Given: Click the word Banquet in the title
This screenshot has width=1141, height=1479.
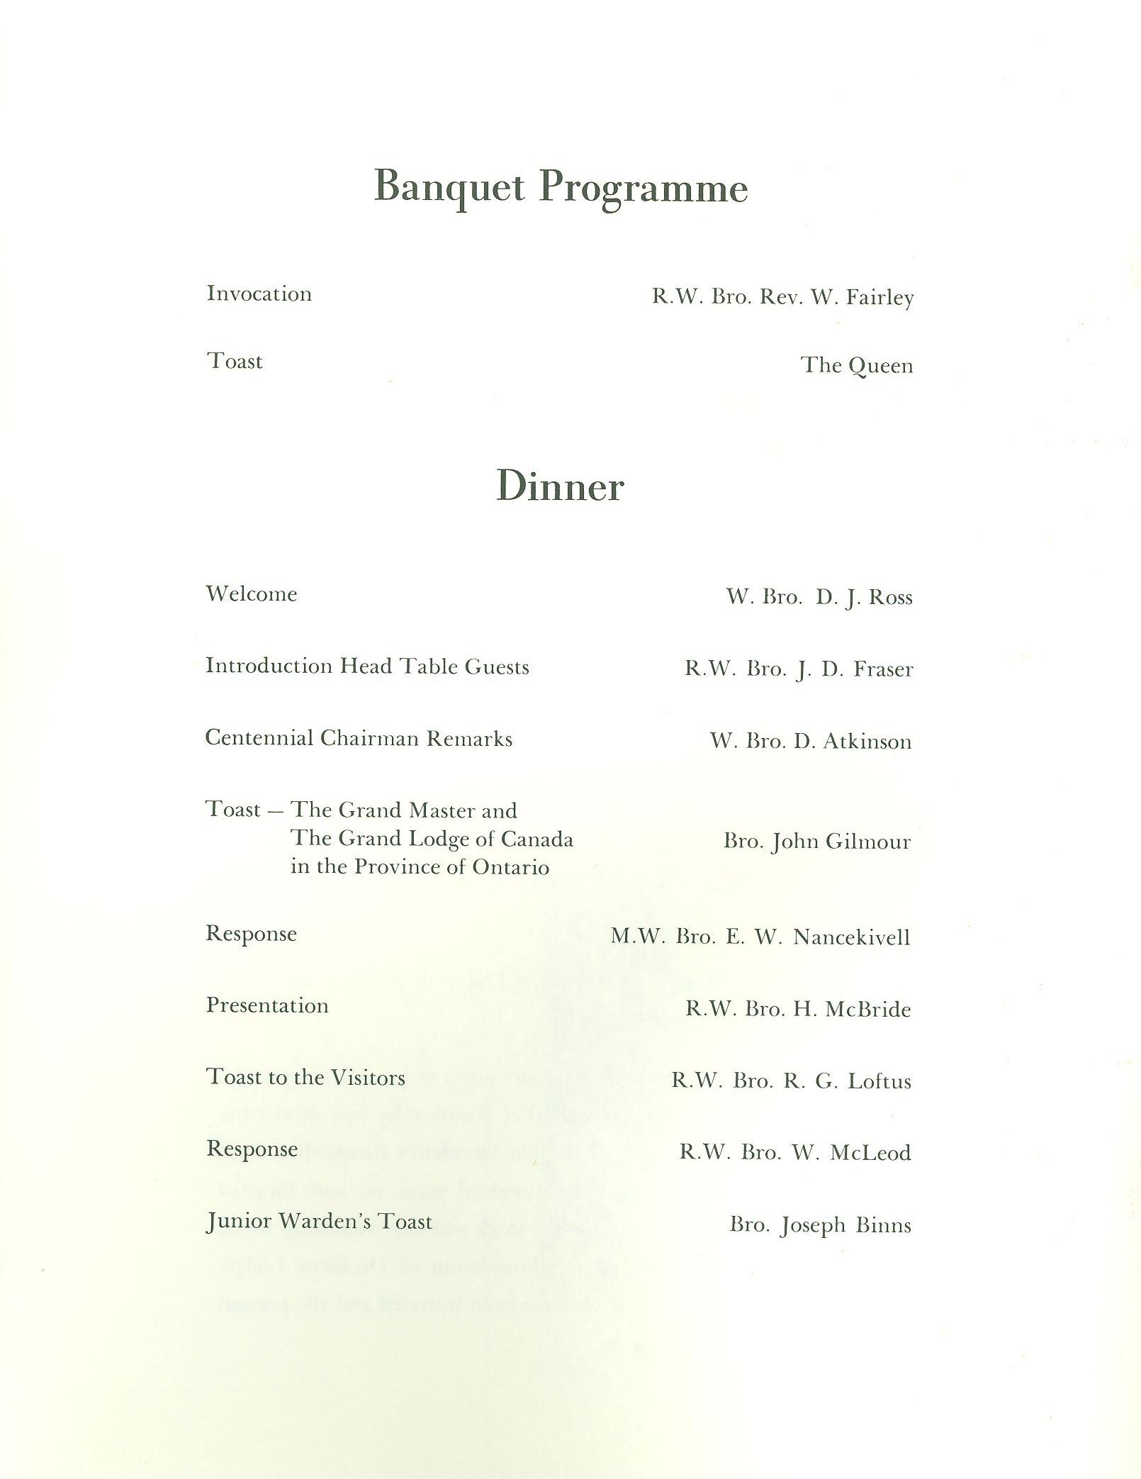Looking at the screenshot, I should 449,187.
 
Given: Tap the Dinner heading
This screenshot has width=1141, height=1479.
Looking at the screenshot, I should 560,486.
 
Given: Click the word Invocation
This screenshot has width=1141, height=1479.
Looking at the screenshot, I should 259,294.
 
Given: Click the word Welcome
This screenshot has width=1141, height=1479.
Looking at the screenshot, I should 251,593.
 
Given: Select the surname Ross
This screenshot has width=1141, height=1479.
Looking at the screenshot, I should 890,597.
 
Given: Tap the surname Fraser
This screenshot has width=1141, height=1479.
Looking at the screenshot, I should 883,669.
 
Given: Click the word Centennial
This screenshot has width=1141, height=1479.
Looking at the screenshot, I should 259,738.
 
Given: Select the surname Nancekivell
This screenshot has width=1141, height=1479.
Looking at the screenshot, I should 851,937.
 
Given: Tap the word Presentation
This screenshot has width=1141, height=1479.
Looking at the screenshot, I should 267,1005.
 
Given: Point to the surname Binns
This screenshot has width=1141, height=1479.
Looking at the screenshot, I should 883,1225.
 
